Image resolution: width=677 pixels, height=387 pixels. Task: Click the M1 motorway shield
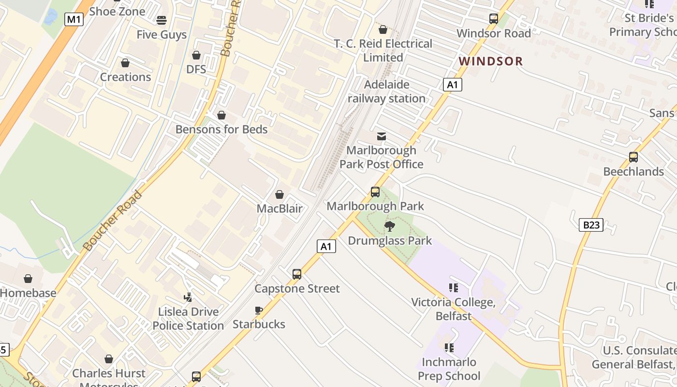[74, 19]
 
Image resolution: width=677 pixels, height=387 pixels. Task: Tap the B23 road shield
[591, 224]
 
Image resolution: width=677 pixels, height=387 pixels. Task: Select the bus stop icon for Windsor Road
[493, 19]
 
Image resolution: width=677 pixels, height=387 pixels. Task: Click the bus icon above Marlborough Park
[375, 192]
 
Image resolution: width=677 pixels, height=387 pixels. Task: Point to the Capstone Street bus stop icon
[297, 274]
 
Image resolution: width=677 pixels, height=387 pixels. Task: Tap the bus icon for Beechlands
[633, 157]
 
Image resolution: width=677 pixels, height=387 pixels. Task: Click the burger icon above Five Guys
[161, 20]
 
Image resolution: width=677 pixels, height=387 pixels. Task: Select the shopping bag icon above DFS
[196, 55]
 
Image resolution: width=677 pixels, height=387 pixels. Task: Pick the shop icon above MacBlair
[279, 194]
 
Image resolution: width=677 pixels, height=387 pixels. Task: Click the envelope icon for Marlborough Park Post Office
[382, 136]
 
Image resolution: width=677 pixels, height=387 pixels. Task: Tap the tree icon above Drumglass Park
[389, 226]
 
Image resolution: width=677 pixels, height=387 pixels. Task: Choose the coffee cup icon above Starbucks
[259, 310]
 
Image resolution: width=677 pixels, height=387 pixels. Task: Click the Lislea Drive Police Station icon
[188, 297]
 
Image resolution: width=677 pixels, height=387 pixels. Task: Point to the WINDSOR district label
[490, 61]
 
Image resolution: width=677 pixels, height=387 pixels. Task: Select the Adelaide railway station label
[386, 91]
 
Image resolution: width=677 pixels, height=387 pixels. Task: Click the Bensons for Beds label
[221, 129]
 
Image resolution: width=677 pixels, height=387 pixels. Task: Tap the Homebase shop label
[28, 293]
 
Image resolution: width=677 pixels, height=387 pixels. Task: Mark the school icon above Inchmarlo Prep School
[449, 347]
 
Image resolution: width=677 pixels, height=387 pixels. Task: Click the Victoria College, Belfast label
[453, 309]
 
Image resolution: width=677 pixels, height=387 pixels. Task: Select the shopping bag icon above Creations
[125, 63]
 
